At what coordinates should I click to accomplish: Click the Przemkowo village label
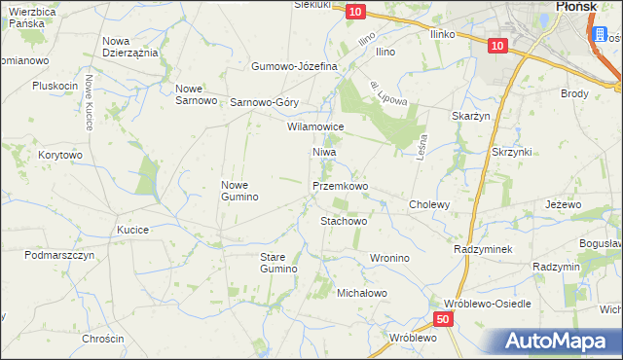340,185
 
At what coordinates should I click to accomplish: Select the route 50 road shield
443,319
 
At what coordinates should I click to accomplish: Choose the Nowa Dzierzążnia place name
129,47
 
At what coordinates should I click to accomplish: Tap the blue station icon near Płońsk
598,35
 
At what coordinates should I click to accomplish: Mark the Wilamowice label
315,126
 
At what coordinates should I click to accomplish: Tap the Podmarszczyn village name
59,255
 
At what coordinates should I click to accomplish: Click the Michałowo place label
362,293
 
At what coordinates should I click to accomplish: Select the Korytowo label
60,155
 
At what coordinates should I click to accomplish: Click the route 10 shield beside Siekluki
355,11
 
